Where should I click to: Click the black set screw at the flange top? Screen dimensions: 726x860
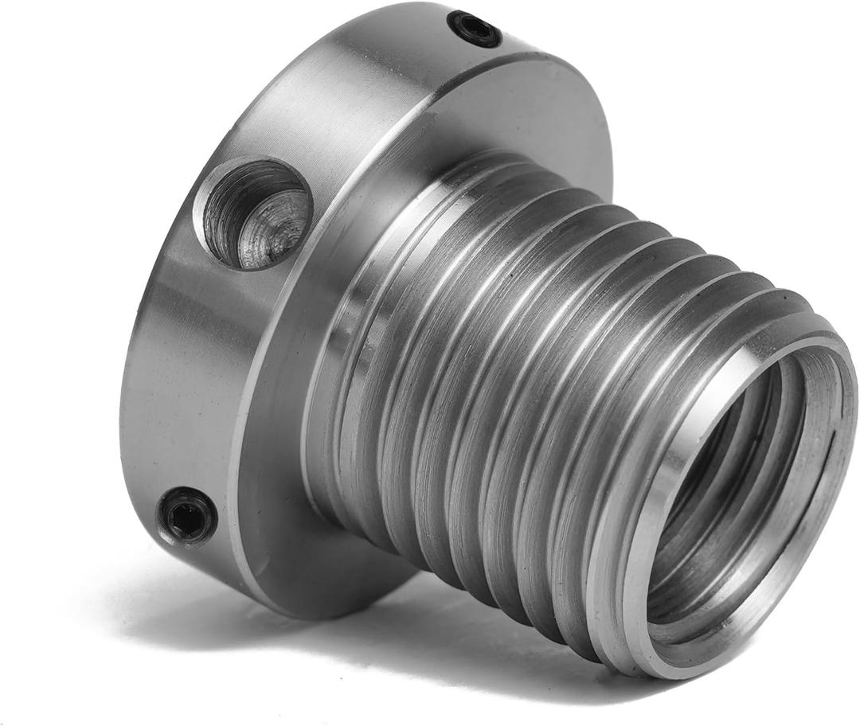[475, 29]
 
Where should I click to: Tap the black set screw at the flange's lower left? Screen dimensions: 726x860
[186, 515]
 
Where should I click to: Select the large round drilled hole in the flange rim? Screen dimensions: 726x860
[253, 213]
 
